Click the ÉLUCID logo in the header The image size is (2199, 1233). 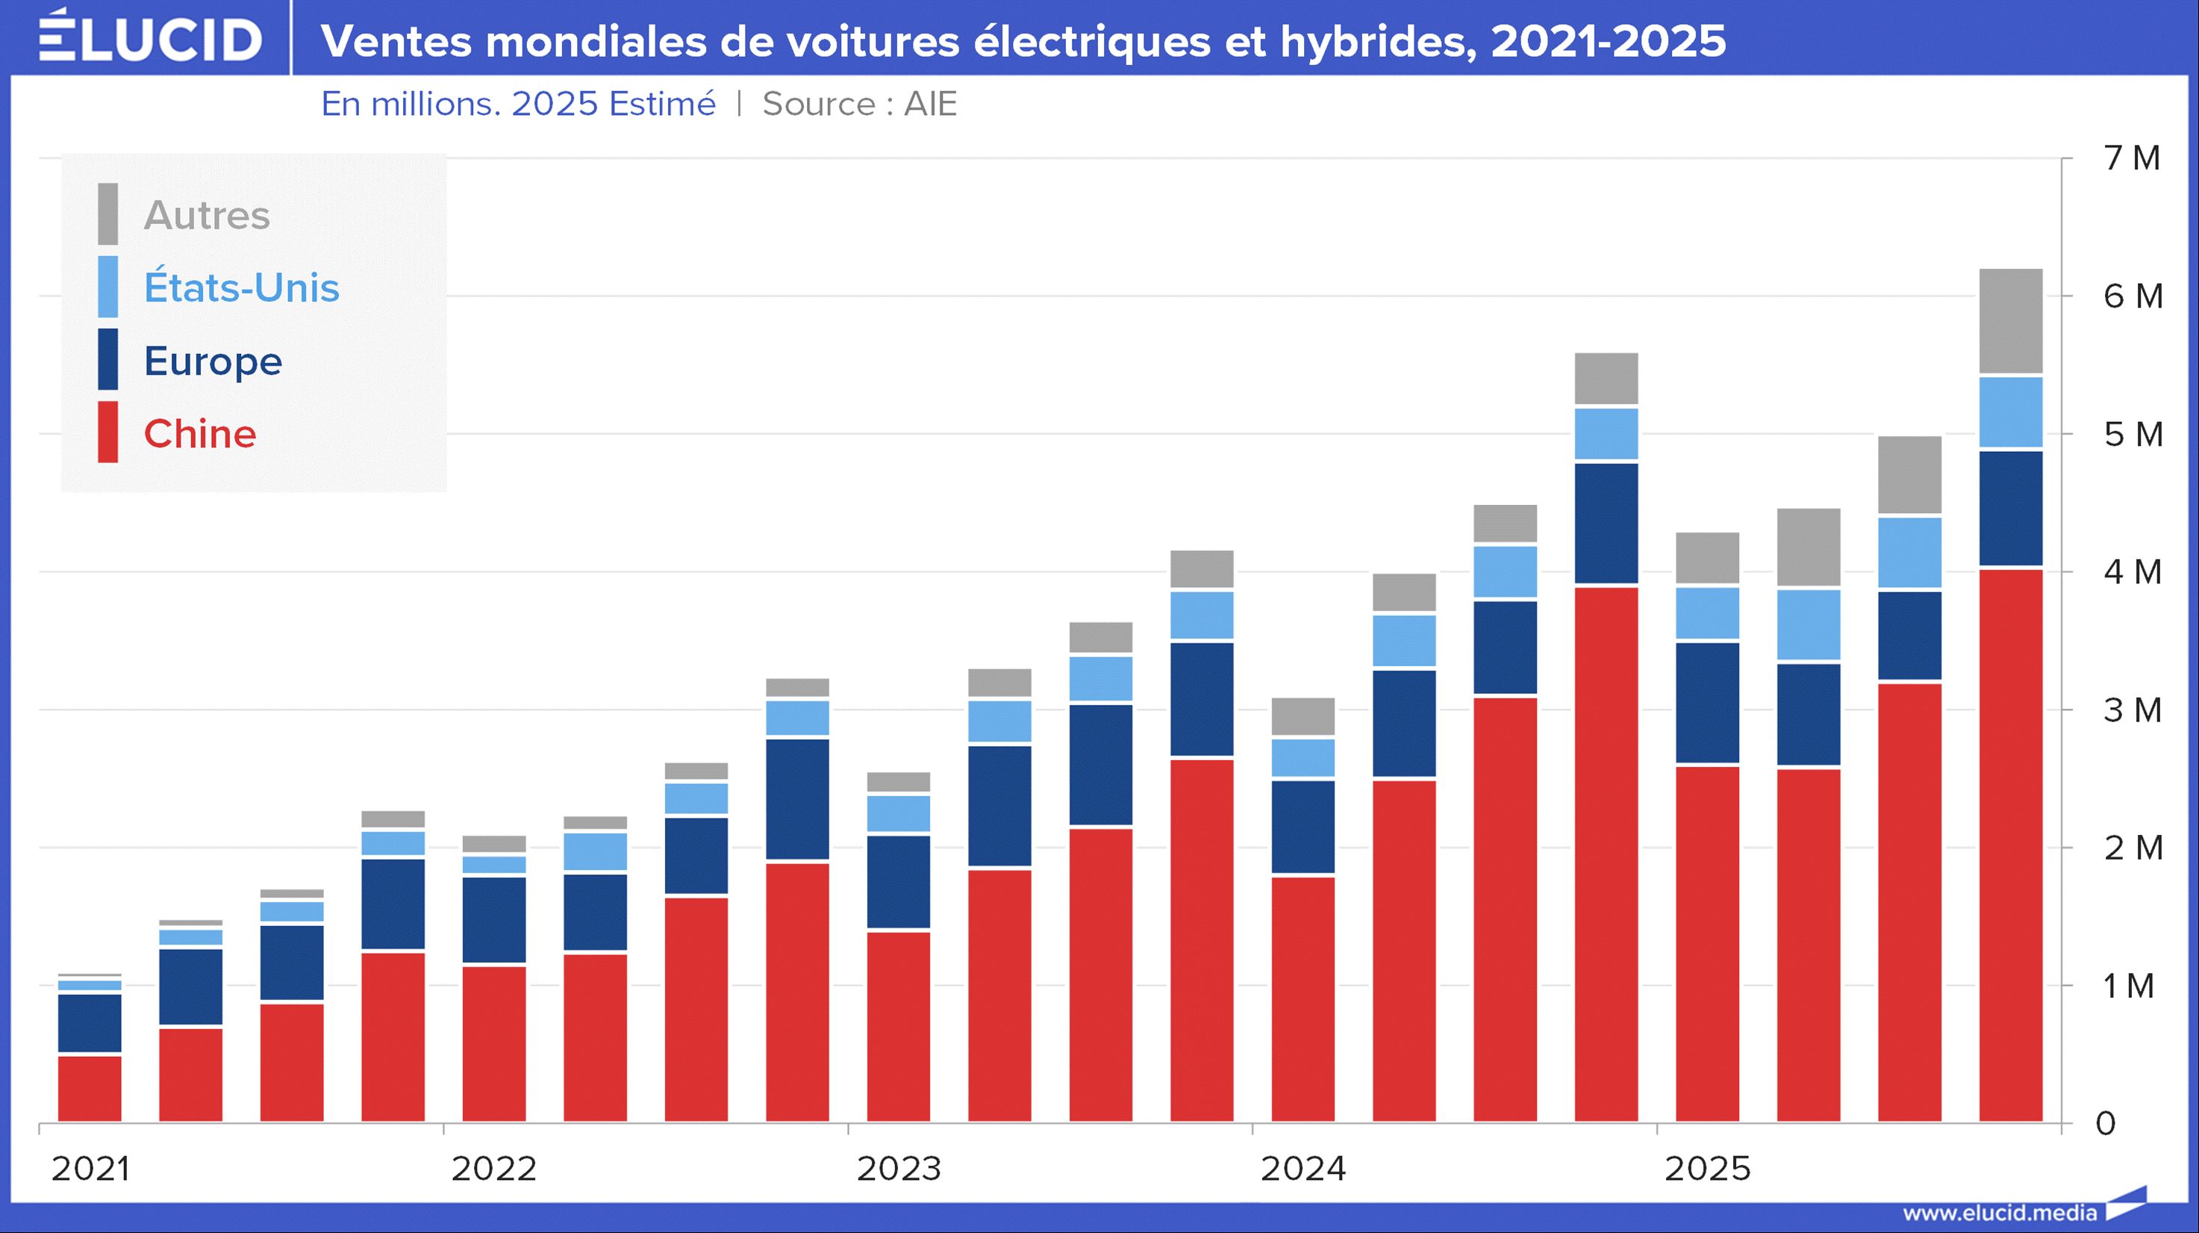(x=150, y=37)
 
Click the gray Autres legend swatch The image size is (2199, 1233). (x=107, y=214)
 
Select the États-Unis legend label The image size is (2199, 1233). (x=242, y=288)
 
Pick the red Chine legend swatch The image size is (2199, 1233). (x=107, y=432)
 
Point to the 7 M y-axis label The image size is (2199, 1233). (x=2132, y=158)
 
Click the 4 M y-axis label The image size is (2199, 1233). (x=2132, y=572)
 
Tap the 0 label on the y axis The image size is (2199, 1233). (x=2106, y=1124)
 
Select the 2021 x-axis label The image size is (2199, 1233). (x=90, y=1169)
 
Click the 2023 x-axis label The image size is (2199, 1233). (x=899, y=1169)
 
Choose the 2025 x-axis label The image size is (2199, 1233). (x=1707, y=1169)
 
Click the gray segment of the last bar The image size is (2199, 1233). (x=2010, y=321)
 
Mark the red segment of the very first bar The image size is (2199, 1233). (x=90, y=1089)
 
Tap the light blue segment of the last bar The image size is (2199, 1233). (x=2010, y=412)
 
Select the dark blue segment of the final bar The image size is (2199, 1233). (x=2010, y=508)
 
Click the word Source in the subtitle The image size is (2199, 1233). (x=819, y=104)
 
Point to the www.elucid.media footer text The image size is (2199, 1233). (x=1999, y=1214)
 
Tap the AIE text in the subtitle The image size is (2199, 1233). (x=931, y=104)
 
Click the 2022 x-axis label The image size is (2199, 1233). (x=494, y=1169)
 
